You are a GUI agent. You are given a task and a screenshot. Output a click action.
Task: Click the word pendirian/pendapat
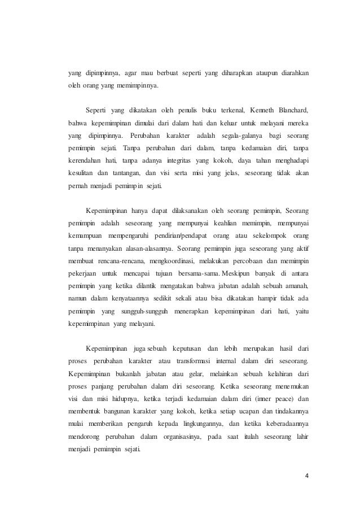[185, 234]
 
